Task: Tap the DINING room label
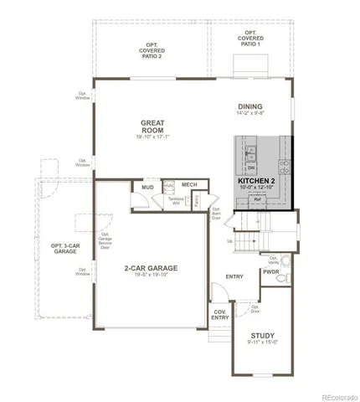pos(249,106)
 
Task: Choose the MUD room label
pos(147,188)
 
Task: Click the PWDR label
pos(270,272)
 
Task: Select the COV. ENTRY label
pos(219,315)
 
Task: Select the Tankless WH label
pos(176,201)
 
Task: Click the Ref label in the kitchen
pos(256,201)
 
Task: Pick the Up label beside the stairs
pos(230,240)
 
